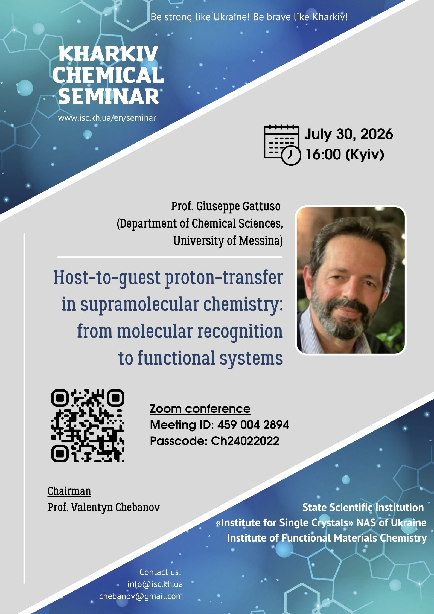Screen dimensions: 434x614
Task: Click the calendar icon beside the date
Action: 282,145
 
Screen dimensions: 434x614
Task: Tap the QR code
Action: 88,426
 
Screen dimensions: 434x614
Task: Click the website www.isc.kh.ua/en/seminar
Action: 107,118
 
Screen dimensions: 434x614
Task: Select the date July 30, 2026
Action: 349,134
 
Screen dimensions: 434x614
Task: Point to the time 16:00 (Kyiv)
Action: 345,155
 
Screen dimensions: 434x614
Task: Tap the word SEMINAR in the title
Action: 109,96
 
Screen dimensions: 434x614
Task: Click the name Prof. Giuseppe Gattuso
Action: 226,206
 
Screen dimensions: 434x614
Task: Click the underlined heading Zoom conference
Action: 200,409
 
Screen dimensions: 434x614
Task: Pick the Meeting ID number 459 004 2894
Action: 253,425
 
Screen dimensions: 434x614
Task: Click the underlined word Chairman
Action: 69,491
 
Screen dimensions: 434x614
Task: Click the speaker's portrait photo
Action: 351,280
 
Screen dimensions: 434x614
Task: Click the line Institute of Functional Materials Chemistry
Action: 327,538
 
